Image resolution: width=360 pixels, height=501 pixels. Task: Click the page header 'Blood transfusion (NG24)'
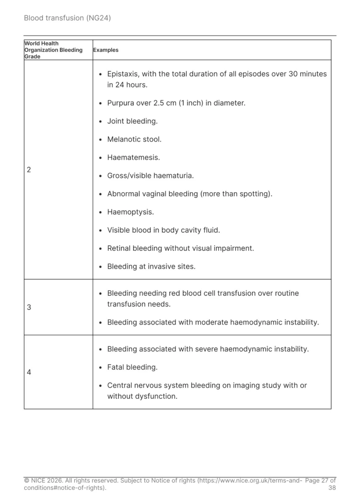(67, 18)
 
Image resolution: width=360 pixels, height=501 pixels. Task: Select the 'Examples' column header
(106, 50)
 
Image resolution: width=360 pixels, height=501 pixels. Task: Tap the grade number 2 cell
(29, 170)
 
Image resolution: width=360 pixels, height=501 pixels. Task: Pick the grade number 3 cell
(29, 307)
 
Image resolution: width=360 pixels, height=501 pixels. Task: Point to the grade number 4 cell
(29, 372)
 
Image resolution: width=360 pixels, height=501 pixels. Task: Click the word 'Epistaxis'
(122, 74)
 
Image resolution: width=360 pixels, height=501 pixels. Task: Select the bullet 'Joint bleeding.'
(132, 121)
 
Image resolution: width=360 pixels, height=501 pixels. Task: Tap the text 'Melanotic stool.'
(134, 139)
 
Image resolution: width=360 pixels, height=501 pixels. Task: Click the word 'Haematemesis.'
(133, 157)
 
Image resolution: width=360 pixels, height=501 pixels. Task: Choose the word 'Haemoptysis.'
(130, 212)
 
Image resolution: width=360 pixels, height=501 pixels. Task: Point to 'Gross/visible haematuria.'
(150, 176)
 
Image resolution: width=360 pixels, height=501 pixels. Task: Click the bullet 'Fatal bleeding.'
(132, 367)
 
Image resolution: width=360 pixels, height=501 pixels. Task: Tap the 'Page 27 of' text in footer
(320, 480)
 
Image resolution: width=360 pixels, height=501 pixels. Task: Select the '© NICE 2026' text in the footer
(43, 480)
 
